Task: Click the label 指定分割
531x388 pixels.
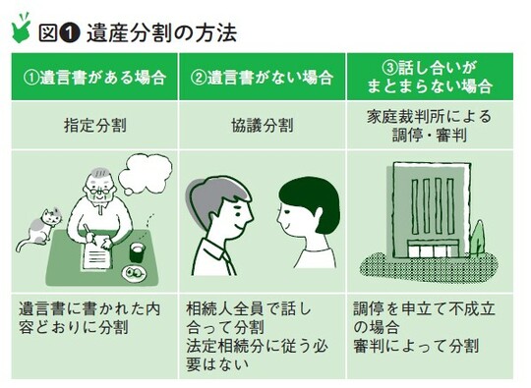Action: tap(95, 127)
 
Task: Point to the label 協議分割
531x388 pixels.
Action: tap(263, 127)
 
